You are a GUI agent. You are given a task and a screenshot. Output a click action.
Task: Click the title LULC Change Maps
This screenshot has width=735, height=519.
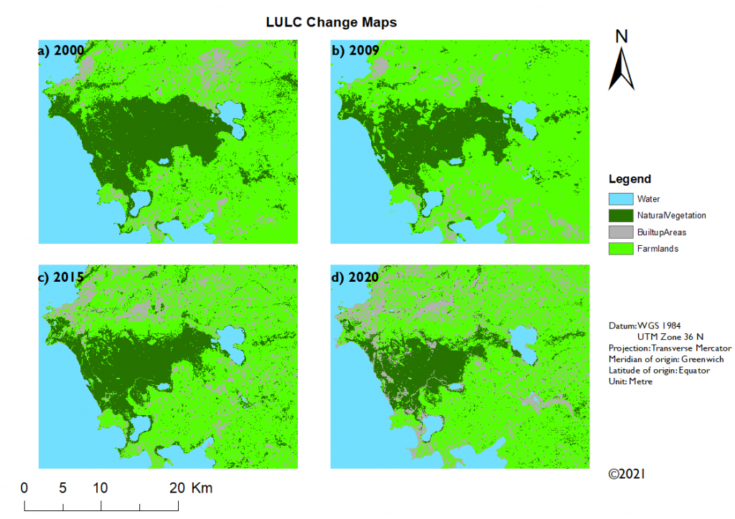(331, 22)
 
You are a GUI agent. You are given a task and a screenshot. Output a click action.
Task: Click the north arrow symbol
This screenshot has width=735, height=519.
(621, 69)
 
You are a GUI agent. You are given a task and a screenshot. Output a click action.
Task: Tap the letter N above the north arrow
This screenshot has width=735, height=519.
(622, 37)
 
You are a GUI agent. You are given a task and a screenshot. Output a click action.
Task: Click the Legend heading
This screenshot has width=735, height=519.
(629, 179)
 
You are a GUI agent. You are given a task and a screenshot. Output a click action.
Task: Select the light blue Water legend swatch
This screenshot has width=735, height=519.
(621, 199)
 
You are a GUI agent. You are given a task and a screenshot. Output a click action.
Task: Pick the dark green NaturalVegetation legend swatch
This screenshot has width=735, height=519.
(621, 215)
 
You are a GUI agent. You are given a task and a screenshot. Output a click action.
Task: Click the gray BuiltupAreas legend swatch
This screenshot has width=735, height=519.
(621, 232)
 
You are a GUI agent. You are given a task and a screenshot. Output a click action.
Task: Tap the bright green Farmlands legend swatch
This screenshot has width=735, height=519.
(621, 249)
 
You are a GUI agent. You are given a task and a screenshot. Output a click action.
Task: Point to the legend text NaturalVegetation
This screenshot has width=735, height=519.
(671, 215)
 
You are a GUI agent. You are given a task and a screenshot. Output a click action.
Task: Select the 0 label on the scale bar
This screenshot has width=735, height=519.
(24, 488)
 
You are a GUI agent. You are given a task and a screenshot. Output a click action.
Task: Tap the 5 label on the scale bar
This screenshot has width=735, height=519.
(62, 488)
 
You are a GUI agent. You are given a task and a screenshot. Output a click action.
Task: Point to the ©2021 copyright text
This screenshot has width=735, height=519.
(627, 474)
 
